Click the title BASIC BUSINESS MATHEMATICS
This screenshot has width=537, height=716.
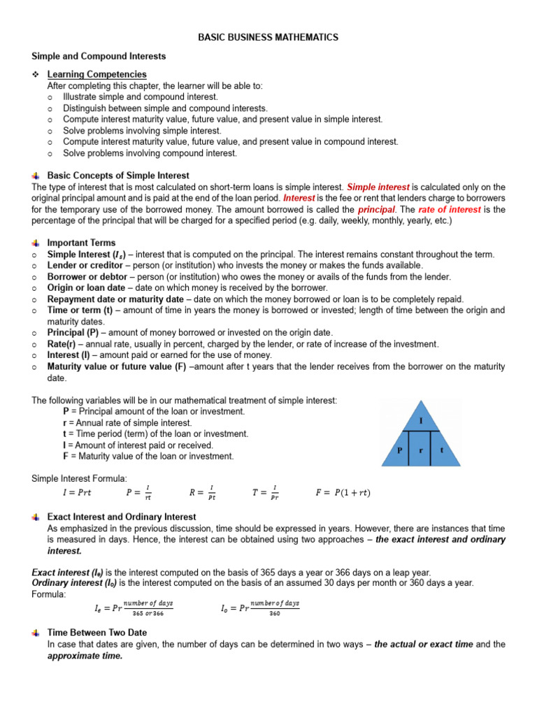[x=269, y=37]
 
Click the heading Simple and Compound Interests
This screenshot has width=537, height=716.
[x=99, y=56]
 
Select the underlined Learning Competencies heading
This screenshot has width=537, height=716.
[x=96, y=74]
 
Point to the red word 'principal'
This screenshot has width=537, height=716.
[x=376, y=210]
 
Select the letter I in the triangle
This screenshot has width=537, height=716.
[x=421, y=421]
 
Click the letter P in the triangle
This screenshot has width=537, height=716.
[x=399, y=450]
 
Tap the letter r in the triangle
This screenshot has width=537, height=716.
[x=421, y=451]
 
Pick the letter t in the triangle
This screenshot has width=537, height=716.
[x=442, y=450]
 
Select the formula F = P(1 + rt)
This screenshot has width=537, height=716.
[x=343, y=493]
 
